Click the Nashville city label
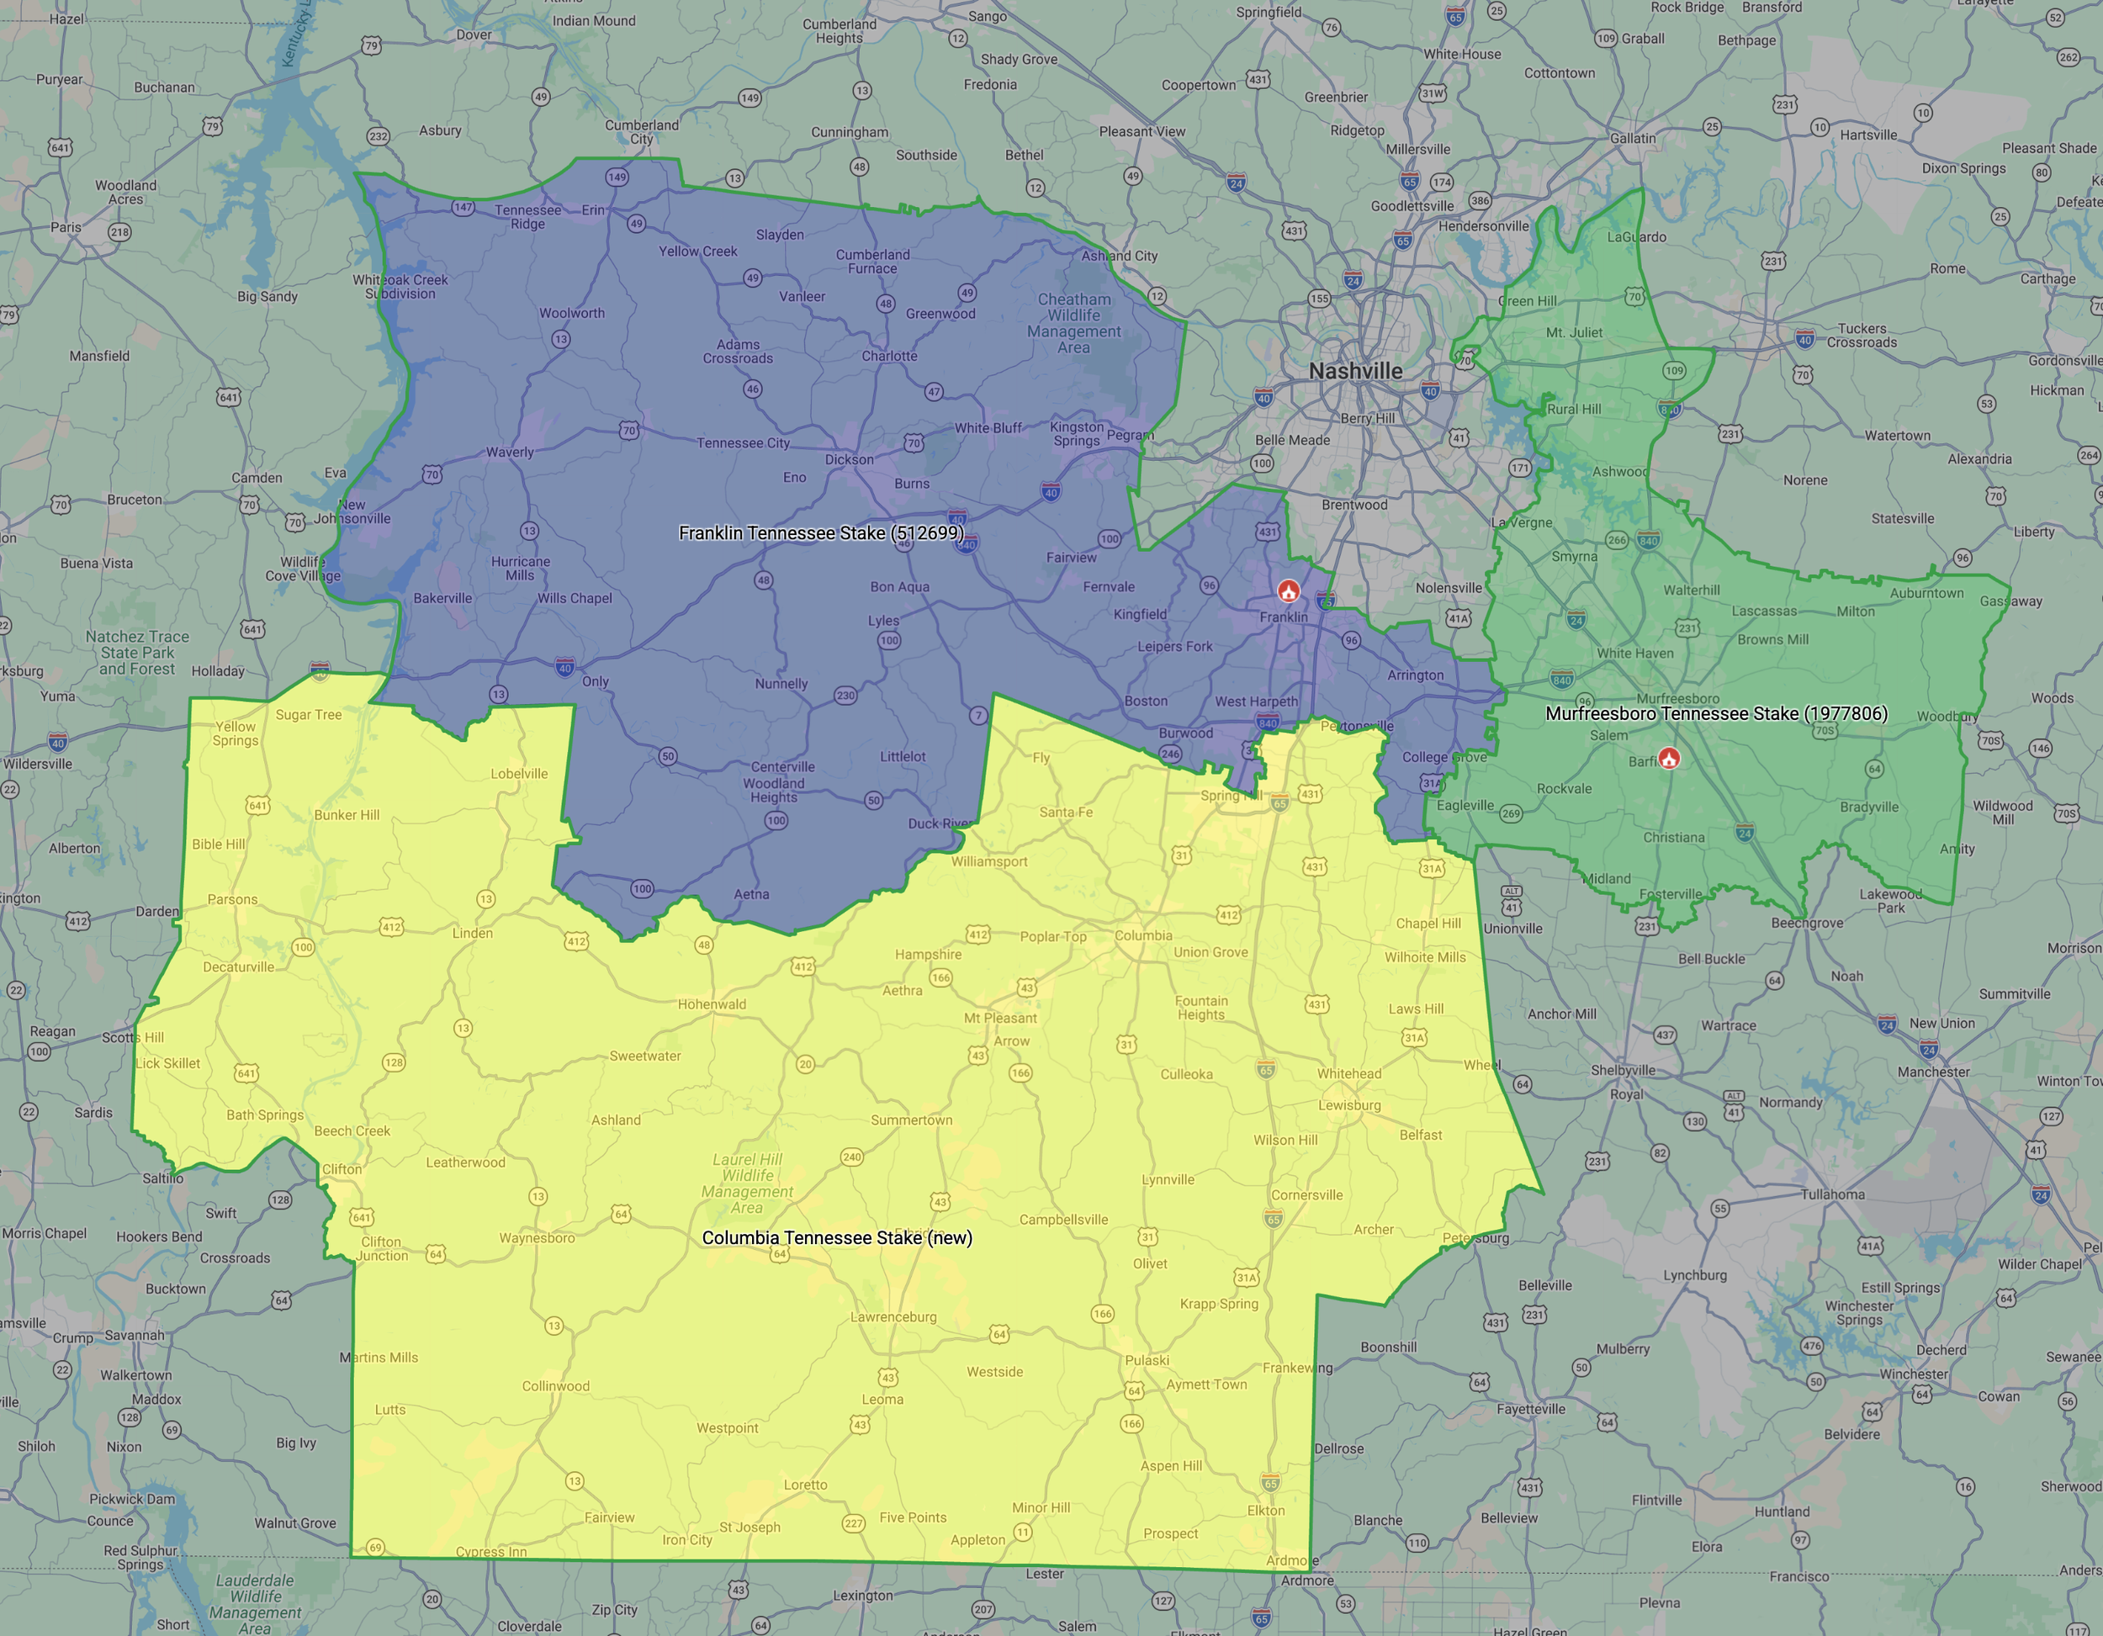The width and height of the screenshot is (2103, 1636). [1355, 371]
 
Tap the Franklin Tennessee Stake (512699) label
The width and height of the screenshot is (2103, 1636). [820, 532]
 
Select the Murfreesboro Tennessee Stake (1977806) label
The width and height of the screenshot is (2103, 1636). [1716, 713]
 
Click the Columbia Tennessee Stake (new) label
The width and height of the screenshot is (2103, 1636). [837, 1237]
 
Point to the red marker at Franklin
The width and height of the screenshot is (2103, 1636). [1289, 590]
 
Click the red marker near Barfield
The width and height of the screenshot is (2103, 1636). [1669, 758]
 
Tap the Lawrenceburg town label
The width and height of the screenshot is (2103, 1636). [893, 1316]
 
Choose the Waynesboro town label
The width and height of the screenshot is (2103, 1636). [537, 1237]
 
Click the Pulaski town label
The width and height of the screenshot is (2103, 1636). [1147, 1359]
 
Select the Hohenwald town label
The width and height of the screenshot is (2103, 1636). [712, 1004]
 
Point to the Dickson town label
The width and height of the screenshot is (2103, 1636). [850, 459]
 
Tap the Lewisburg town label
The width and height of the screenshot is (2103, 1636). [1349, 1104]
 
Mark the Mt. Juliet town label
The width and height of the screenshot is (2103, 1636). [1575, 332]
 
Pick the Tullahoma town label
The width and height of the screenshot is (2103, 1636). [1832, 1194]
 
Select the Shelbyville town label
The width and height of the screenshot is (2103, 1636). [1624, 1070]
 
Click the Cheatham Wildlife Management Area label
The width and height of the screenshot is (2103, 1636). [1073, 323]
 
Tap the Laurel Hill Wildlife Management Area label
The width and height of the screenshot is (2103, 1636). [747, 1183]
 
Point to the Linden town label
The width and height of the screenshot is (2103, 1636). [473, 933]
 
